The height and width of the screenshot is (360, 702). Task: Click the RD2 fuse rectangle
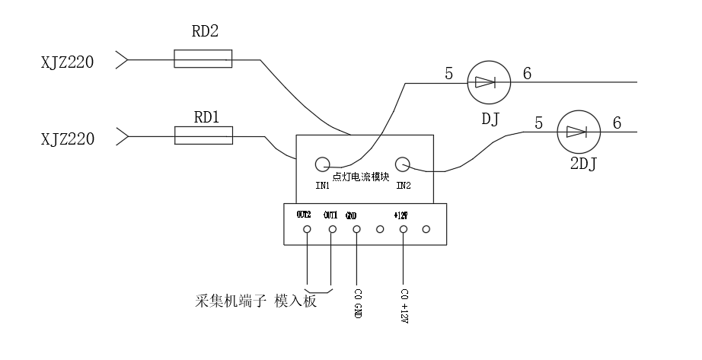tap(203, 58)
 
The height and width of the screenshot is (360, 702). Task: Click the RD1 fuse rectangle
tap(203, 135)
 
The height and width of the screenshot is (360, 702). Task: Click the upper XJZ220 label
tap(67, 62)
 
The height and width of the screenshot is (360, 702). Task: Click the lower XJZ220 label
tap(67, 139)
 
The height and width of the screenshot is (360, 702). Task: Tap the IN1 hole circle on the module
tap(322, 163)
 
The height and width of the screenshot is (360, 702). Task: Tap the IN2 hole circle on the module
tap(403, 163)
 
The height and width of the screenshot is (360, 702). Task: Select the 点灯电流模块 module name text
tap(362, 177)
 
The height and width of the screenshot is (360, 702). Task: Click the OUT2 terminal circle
tap(307, 229)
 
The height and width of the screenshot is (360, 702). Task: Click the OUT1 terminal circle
tap(331, 229)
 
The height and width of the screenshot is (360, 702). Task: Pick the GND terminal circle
tap(356, 229)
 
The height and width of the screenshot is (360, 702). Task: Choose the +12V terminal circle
tap(404, 229)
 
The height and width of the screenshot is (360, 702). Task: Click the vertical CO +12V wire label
tap(404, 304)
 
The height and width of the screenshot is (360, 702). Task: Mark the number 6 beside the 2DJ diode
tap(617, 123)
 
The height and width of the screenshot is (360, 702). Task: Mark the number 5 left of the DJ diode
tap(449, 75)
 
